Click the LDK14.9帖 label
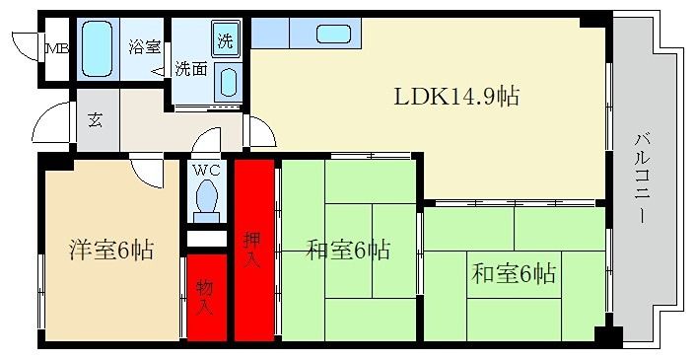coord(456,97)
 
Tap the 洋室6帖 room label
coord(109,250)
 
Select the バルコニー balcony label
coord(642,180)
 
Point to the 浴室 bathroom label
coord(143,43)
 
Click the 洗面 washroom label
coord(190,69)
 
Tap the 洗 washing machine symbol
coord(225,40)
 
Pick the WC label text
coord(206,170)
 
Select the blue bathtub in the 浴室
coord(97,48)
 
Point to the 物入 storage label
coord(204,297)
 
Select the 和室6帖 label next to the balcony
coord(514,272)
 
